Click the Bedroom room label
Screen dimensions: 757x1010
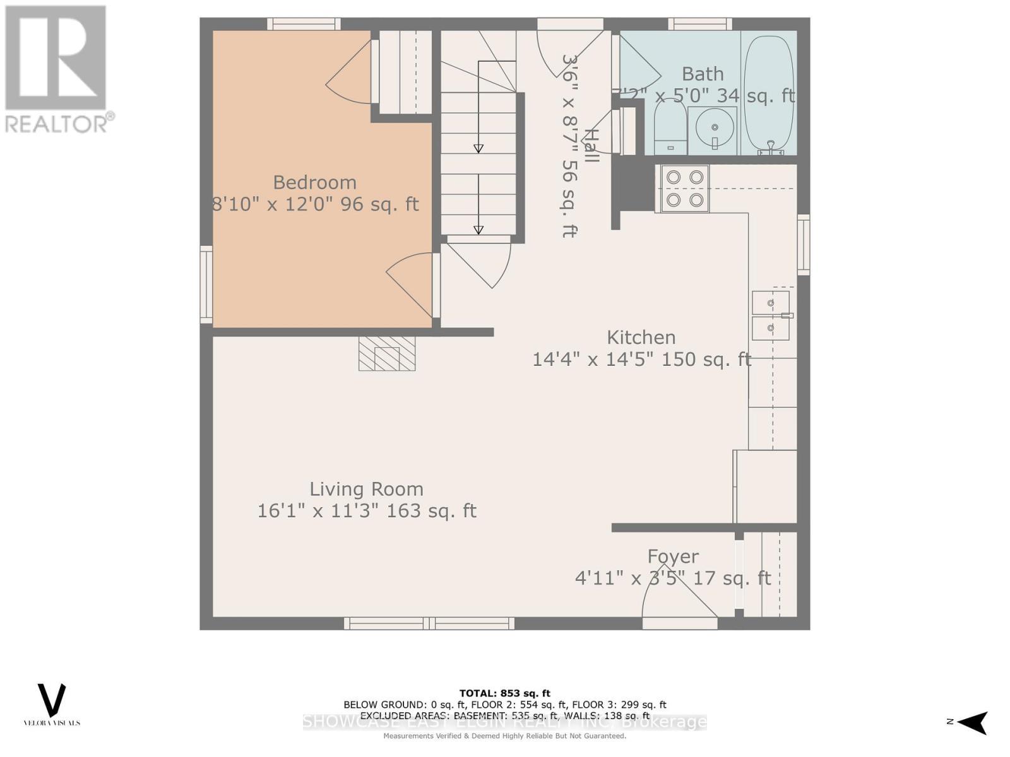click(x=314, y=183)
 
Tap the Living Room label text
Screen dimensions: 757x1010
click(x=366, y=490)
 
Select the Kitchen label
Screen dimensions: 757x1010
click(x=641, y=337)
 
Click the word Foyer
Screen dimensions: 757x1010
click(x=673, y=556)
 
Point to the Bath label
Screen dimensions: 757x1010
click(x=703, y=74)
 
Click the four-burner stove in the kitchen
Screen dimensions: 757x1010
click(x=685, y=189)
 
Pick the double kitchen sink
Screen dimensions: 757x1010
click(x=771, y=315)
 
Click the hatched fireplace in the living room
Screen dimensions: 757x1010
click(x=387, y=353)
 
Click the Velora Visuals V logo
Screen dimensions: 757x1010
click(x=52, y=700)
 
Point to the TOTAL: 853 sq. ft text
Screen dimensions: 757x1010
click(x=504, y=693)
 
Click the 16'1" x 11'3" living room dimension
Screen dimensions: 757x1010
click(x=366, y=511)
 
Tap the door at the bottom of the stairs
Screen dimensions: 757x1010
click(x=478, y=262)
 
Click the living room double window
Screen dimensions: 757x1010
click(x=429, y=623)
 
